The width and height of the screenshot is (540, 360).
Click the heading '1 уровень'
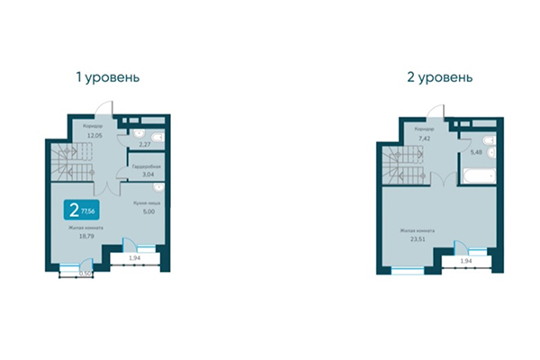[x=108, y=77]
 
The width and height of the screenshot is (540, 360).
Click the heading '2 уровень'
[x=440, y=77]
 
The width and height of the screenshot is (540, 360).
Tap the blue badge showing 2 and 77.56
[x=78, y=211]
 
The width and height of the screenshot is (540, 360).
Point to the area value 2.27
[x=145, y=143]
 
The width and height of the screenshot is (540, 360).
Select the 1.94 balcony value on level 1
[x=134, y=258]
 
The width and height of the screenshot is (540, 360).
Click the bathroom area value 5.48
[x=477, y=151]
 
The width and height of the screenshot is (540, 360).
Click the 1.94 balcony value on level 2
[x=466, y=260]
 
